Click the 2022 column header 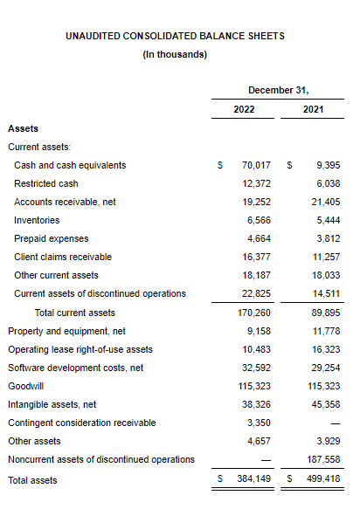pyautogui.click(x=244, y=109)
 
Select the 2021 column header pyautogui.click(x=313, y=109)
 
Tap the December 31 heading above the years pyautogui.click(x=279, y=90)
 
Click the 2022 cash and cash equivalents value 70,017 pyautogui.click(x=256, y=165)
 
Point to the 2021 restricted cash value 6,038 pyautogui.click(x=329, y=183)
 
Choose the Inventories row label pyautogui.click(x=37, y=220)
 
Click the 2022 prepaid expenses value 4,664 pyautogui.click(x=259, y=238)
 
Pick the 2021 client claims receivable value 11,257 pyautogui.click(x=326, y=257)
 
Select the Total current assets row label pyautogui.click(x=75, y=313)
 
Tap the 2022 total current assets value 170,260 pyautogui.click(x=254, y=313)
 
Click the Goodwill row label pyautogui.click(x=25, y=386)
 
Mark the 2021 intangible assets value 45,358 pyautogui.click(x=326, y=404)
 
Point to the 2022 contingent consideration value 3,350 pyautogui.click(x=259, y=423)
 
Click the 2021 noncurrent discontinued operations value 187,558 pyautogui.click(x=323, y=459)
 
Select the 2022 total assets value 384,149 pyautogui.click(x=253, y=478)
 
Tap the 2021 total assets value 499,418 pyautogui.click(x=323, y=478)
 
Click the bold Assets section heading pyautogui.click(x=23, y=128)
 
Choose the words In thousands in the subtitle pyautogui.click(x=174, y=54)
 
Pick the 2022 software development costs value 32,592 pyautogui.click(x=256, y=368)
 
